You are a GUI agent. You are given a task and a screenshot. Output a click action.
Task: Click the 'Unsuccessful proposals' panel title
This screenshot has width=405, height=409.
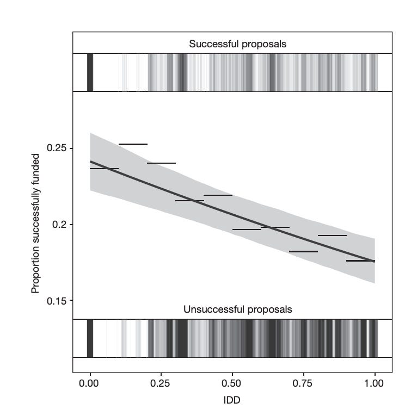tap(237, 309)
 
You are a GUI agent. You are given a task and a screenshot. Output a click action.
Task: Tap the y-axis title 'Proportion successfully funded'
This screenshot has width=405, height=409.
tap(36, 224)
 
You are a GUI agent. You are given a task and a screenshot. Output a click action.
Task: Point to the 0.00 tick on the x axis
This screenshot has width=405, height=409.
tap(89, 383)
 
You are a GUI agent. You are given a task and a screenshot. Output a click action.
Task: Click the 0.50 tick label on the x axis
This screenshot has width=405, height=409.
tap(232, 383)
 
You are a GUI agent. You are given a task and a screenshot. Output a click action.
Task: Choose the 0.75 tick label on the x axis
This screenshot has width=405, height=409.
tap(303, 383)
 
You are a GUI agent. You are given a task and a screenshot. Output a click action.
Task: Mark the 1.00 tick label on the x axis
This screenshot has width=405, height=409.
tap(375, 383)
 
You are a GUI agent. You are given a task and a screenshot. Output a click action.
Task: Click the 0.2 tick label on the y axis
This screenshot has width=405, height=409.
tap(59, 225)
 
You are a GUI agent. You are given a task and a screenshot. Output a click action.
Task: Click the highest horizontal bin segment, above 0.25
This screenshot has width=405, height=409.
tap(133, 144)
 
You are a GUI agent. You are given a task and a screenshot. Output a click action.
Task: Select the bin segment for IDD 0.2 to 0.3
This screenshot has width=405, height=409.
tap(161, 163)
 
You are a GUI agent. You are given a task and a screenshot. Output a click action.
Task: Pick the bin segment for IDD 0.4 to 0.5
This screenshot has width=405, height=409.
tap(218, 195)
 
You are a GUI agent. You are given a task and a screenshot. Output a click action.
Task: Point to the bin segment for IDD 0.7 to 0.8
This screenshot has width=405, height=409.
tap(303, 251)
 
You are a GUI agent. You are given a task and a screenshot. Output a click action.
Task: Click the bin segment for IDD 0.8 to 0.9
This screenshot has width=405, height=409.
tap(332, 236)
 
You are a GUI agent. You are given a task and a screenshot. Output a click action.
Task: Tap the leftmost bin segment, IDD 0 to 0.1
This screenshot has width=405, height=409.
tap(104, 169)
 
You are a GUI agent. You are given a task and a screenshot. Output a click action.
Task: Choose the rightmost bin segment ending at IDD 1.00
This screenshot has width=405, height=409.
tap(360, 261)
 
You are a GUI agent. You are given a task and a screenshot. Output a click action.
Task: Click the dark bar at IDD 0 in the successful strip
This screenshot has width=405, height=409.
tap(90, 72)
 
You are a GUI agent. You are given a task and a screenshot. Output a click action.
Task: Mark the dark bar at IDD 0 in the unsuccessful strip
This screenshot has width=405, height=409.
tap(90, 338)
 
